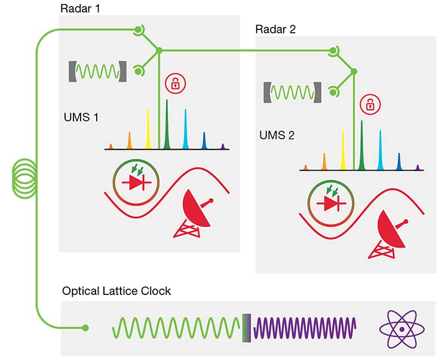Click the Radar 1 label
[x=80, y=9]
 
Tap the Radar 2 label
[x=275, y=29]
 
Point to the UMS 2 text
[x=277, y=136]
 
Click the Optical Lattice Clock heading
[x=116, y=291]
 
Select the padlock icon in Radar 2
[x=370, y=104]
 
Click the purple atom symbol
[x=402, y=329]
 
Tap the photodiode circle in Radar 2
[x=330, y=204]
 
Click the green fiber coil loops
[x=23, y=179]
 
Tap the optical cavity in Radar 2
[x=292, y=93]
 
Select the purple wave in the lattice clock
[x=305, y=329]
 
